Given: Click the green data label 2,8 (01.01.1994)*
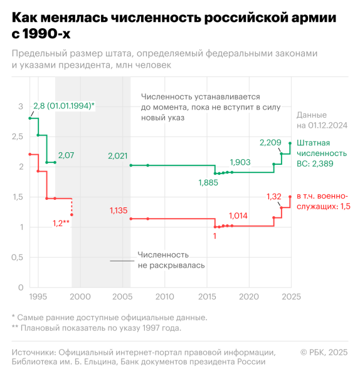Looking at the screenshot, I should pos(63,106).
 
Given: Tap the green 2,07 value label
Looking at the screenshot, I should pos(66,155).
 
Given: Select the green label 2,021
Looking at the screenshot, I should pos(117,155).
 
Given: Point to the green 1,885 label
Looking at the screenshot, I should pos(209,182).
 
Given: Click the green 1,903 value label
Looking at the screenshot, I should pos(240,162).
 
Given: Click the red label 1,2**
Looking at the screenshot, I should pos(61,223).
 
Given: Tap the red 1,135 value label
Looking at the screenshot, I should pos(117,210).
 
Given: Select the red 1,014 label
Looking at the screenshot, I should pos(239,216).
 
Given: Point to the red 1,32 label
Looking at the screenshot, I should pos(274,197).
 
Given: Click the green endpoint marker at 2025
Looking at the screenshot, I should pos(290,143).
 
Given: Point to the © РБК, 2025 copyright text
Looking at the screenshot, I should pos(324,352).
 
